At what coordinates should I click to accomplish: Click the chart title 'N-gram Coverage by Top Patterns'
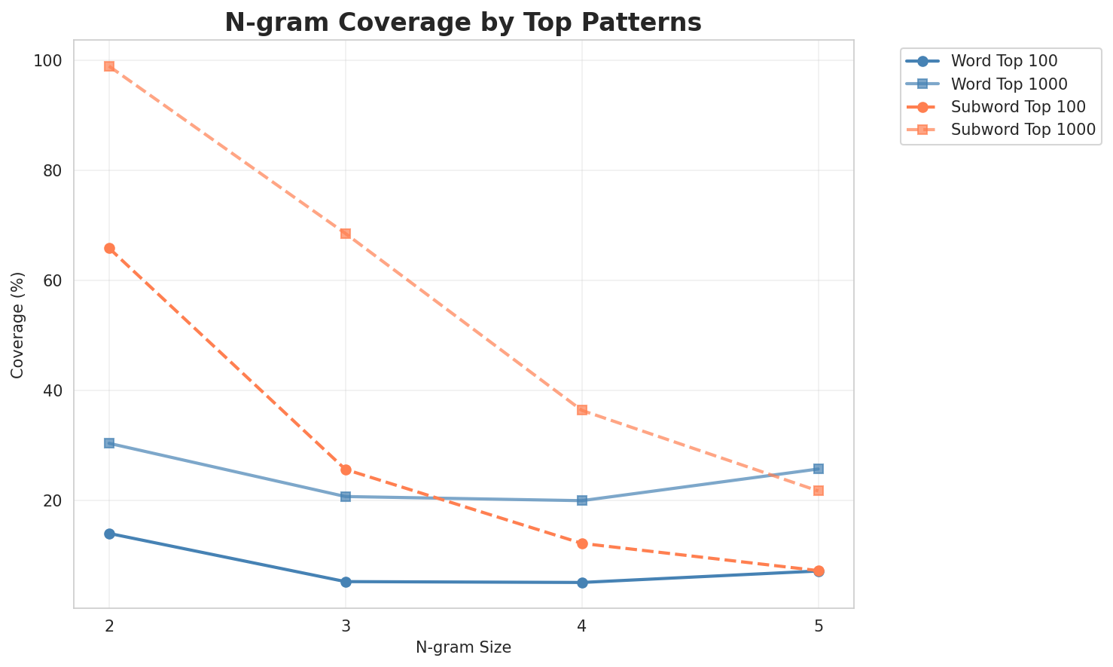[x=463, y=23]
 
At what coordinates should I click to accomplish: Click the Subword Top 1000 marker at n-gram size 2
[x=109, y=66]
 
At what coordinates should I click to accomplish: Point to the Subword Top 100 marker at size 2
[x=109, y=249]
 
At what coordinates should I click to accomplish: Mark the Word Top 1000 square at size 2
[x=109, y=443]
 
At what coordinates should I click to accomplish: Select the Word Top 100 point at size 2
[x=109, y=534]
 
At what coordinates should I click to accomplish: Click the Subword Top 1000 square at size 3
[x=346, y=234]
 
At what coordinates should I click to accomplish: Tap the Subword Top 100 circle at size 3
[x=346, y=470]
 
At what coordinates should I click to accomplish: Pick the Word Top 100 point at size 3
[x=346, y=582]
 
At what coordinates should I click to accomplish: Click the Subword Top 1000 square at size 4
[x=582, y=410]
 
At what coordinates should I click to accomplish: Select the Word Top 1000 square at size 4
[x=582, y=500]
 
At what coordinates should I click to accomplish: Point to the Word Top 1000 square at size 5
[x=819, y=469]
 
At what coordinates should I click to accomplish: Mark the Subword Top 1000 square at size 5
[x=819, y=491]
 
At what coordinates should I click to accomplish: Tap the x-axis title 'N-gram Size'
[x=463, y=647]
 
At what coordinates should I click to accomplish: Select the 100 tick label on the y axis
[x=51, y=60]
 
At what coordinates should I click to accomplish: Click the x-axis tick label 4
[x=582, y=626]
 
